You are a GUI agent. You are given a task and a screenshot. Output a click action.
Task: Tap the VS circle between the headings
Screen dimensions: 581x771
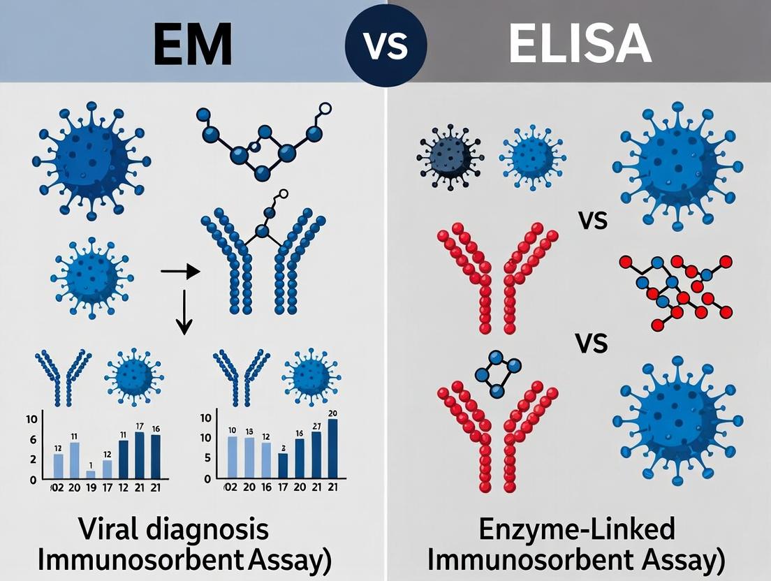386,44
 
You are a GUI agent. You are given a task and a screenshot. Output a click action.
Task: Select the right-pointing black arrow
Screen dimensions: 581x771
180,270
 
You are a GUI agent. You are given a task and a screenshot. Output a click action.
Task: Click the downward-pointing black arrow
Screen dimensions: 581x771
184,311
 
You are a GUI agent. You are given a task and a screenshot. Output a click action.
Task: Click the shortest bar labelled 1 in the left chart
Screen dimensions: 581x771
91,473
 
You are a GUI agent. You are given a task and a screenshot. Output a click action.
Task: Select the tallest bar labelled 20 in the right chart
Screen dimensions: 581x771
332,448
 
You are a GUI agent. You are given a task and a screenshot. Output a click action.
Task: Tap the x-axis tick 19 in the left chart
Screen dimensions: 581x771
91,488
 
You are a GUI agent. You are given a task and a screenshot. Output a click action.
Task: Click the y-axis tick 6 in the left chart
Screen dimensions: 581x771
32,439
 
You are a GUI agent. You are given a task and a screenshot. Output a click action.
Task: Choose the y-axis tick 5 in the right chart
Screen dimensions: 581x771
206,458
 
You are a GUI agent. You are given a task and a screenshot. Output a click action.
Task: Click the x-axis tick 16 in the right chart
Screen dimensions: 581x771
266,488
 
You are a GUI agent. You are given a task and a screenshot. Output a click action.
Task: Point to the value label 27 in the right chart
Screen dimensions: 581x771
316,426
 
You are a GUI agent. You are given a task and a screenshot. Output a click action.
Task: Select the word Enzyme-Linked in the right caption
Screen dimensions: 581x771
577,530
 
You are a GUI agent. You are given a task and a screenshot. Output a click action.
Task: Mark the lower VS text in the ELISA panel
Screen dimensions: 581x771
592,344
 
